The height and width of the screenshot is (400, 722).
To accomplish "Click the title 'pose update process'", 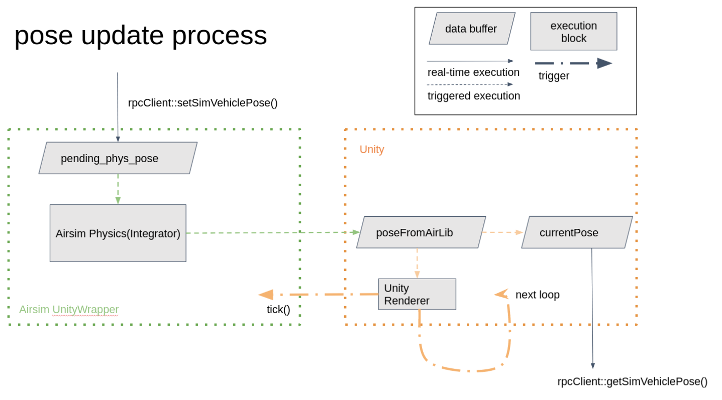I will click(140, 35).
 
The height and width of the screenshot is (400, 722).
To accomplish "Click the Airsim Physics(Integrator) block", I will click(118, 233).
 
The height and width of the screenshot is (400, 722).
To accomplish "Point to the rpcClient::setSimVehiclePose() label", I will click(202, 103).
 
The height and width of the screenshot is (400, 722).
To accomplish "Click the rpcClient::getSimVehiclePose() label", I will click(632, 381).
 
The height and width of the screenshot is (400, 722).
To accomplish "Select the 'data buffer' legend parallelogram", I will click(471, 29).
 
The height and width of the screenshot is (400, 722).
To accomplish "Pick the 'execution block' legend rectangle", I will click(573, 32).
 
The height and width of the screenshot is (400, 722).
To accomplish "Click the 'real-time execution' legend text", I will click(473, 72).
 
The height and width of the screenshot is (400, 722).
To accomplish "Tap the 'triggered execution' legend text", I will click(473, 96).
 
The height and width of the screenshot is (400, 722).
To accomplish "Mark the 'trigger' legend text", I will click(554, 76).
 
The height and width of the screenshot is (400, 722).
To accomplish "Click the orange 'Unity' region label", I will click(371, 150).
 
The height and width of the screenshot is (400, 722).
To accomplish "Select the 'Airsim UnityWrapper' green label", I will click(69, 310).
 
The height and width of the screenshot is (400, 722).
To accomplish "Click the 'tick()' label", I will click(278, 310).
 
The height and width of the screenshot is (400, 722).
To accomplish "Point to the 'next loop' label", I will click(537, 295).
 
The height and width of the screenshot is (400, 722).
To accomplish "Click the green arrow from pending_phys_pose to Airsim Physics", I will click(118, 189).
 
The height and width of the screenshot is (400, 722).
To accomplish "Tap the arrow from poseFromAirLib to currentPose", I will click(502, 232).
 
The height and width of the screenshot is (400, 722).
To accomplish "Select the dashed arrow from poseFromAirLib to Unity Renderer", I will click(417, 263).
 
